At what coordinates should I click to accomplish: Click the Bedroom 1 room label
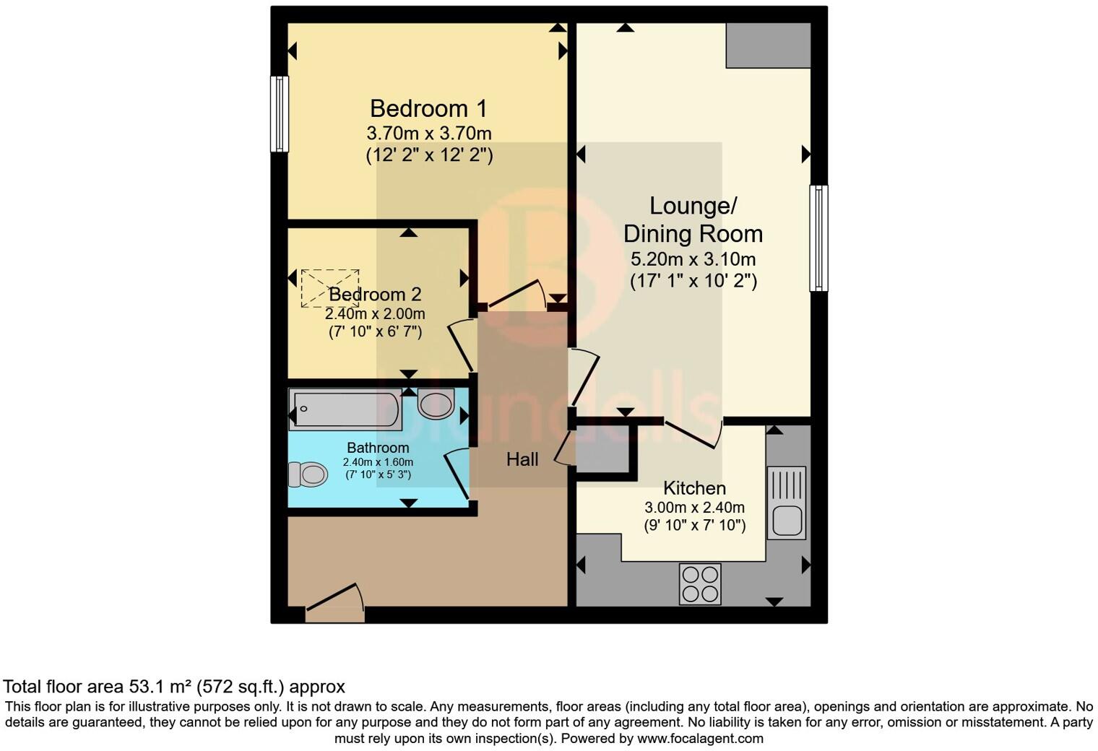pos(428,108)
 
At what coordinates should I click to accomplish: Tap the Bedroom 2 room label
pos(375,295)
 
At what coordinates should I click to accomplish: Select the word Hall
pos(522,459)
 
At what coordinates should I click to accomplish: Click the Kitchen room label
pos(694,488)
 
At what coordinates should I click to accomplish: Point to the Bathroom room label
pos(378,448)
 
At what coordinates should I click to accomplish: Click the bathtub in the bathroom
pos(345,409)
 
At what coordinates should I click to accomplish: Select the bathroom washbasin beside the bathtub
pos(436,404)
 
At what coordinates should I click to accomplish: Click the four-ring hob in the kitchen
pos(700,583)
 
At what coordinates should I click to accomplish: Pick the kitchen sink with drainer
pos(786,503)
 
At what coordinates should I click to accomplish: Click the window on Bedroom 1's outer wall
pos(279,114)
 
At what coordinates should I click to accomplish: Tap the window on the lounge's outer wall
pos(818,238)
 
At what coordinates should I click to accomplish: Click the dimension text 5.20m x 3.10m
pos(693,259)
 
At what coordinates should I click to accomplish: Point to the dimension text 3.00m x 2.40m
pos(694,507)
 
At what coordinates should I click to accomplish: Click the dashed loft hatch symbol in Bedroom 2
pos(329,288)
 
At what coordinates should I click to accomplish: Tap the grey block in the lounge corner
pos(768,45)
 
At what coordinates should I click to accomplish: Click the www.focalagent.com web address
pos(700,739)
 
